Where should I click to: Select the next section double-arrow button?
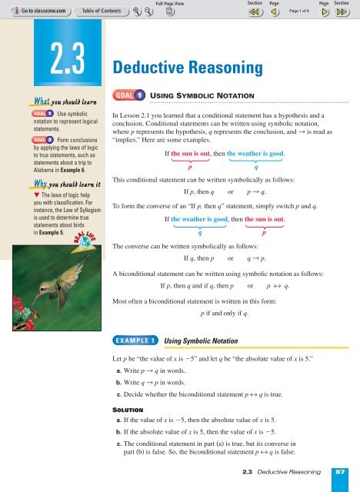pos(344,13)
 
